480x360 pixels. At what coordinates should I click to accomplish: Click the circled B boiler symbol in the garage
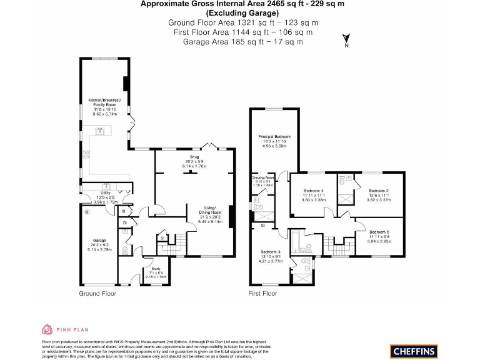pyautogui.click(x=86, y=211)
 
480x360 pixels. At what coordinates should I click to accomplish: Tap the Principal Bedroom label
pyautogui.click(x=274, y=136)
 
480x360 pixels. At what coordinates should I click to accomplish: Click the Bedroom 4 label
pyautogui.click(x=313, y=191)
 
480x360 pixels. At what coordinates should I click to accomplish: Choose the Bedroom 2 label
pyautogui.click(x=379, y=191)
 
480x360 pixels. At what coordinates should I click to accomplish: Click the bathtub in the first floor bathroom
pyautogui.click(x=296, y=241)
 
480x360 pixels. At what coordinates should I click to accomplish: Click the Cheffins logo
pyautogui.click(x=413, y=351)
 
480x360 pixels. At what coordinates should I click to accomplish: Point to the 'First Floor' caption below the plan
pyautogui.click(x=262, y=293)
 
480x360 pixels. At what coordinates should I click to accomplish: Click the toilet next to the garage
pyautogui.click(x=125, y=251)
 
